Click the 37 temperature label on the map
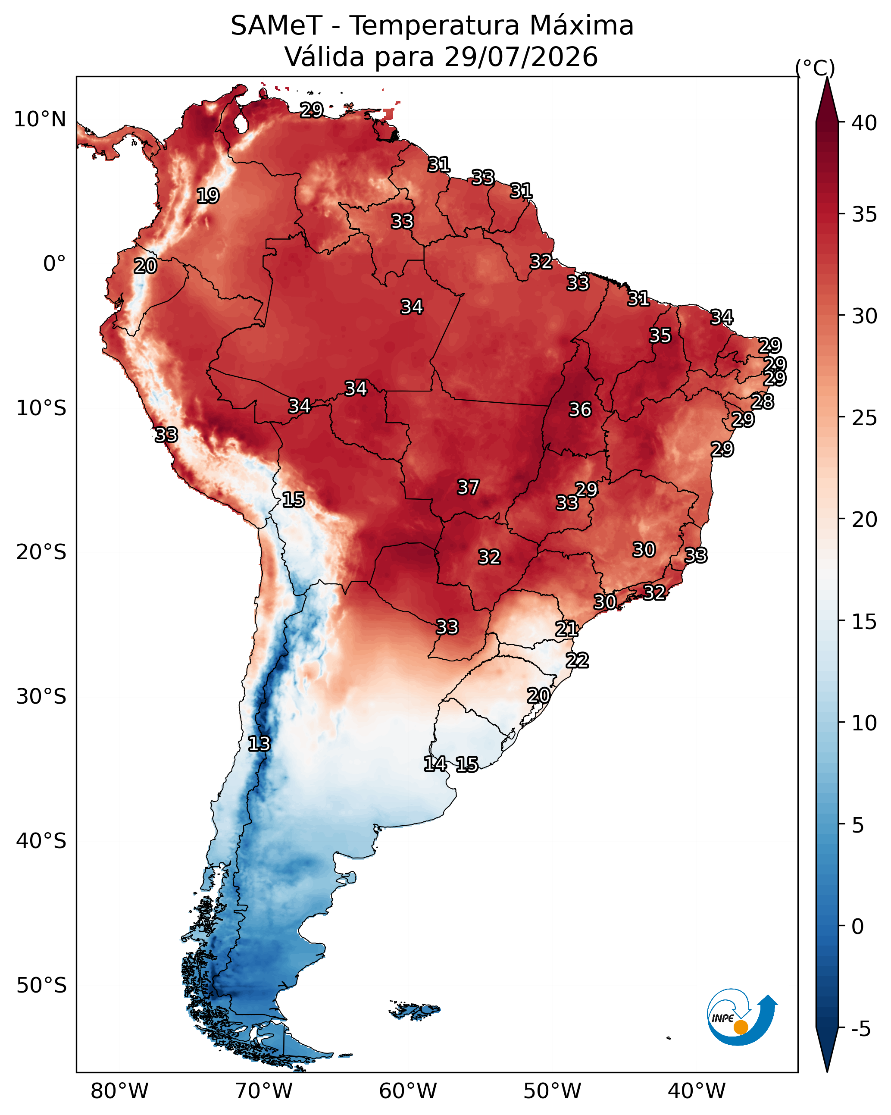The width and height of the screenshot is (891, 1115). tap(468, 487)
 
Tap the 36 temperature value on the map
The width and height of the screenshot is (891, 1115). tap(580, 410)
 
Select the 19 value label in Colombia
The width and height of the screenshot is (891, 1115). tap(208, 196)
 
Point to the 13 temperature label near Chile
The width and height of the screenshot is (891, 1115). tap(259, 744)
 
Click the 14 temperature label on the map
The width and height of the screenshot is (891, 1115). tap(435, 764)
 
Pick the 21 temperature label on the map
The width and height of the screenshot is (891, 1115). tap(566, 629)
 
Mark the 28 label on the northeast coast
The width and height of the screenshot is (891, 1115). tap(762, 401)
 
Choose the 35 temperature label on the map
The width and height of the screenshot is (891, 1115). tap(660, 335)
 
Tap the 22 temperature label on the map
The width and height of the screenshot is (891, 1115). tap(577, 661)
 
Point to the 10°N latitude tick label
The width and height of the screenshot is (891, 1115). tap(40, 119)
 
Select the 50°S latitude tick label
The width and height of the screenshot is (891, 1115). tap(41, 986)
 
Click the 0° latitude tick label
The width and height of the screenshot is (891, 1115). tap(54, 264)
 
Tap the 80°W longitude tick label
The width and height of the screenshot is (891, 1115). tap(119, 1091)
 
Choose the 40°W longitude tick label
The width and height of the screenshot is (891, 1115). tap(697, 1091)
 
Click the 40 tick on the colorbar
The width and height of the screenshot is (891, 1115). tap(865, 123)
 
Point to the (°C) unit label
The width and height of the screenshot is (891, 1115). tap(815, 68)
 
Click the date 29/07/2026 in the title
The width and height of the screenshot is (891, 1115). tap(521, 57)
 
